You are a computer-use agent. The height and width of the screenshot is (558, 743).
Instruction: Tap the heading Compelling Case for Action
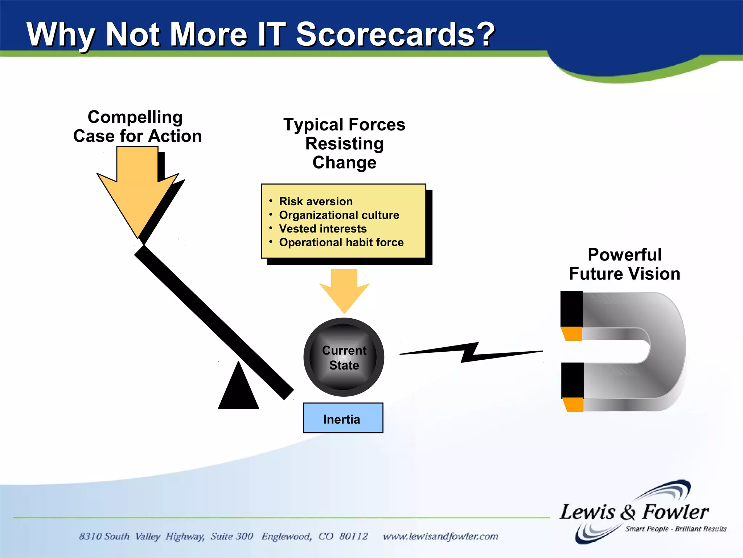(137, 126)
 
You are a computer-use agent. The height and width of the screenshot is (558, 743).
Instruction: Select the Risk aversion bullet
(316, 201)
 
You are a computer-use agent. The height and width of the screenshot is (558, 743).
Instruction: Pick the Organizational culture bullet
(339, 215)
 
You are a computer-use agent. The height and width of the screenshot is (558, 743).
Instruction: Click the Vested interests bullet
(323, 229)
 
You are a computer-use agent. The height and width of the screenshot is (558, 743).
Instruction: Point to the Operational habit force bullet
(341, 242)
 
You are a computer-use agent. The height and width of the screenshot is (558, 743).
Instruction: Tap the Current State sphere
(344, 357)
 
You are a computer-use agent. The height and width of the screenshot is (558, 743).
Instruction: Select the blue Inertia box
(343, 418)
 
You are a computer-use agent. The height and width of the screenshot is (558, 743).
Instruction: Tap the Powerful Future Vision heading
(624, 264)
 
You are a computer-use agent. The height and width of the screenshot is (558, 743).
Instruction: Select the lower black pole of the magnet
(572, 380)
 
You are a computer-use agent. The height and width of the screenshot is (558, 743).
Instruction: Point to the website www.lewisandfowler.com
(440, 536)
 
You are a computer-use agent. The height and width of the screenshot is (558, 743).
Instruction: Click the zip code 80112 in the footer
(353, 536)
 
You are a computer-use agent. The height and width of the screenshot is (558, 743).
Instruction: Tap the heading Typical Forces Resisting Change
(344, 143)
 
